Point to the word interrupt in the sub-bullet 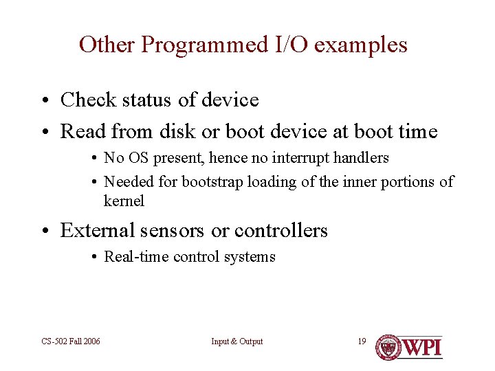[300, 158]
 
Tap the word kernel [124, 201]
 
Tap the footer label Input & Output [237, 341]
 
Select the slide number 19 [362, 341]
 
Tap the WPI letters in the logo [421, 347]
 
